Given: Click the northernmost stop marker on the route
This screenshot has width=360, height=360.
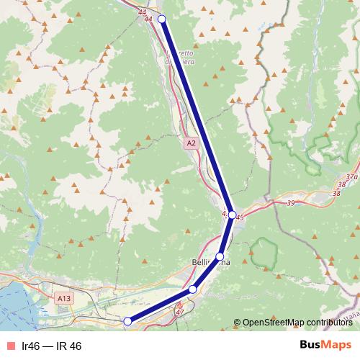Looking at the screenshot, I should [161, 19].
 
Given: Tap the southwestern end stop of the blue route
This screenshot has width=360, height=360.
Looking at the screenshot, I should [127, 321].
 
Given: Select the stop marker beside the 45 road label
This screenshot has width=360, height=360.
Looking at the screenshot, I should [232, 214].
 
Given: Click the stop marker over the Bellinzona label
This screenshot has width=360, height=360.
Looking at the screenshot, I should [220, 256].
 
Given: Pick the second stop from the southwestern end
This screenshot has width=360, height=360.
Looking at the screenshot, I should [192, 289].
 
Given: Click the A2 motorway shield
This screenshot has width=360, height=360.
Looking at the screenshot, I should [190, 144].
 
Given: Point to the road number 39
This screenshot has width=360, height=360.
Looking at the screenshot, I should [291, 204].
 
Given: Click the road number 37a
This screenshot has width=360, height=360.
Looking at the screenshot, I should [351, 176].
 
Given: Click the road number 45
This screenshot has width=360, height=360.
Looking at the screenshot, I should [240, 217].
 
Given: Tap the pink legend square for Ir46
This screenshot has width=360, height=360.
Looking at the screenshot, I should [10, 346].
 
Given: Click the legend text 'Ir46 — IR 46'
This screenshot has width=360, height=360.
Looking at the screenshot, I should [52, 346].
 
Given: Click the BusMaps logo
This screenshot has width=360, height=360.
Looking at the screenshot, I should [325, 346].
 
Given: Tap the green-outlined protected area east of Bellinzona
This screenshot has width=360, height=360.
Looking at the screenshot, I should [263, 254].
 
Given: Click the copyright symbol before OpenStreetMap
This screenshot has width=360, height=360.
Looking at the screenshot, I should [238, 323].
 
